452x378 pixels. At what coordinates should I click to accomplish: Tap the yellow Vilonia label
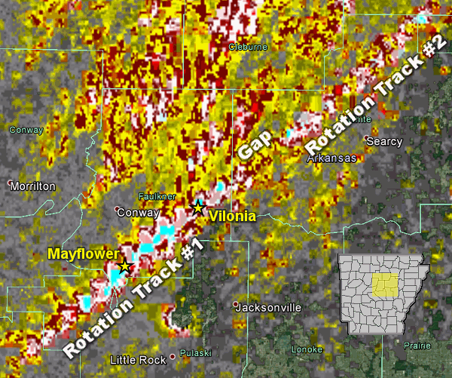click(232, 217)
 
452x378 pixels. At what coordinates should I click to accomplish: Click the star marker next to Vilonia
click(198, 207)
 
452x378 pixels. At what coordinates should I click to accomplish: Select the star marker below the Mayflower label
click(125, 266)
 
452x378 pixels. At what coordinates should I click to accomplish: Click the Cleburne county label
click(248, 47)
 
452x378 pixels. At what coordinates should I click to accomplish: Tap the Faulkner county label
click(157, 196)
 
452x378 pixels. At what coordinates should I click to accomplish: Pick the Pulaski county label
click(195, 353)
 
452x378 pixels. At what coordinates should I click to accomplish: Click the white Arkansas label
click(331, 158)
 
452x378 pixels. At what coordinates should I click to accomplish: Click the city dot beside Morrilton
click(9, 183)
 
